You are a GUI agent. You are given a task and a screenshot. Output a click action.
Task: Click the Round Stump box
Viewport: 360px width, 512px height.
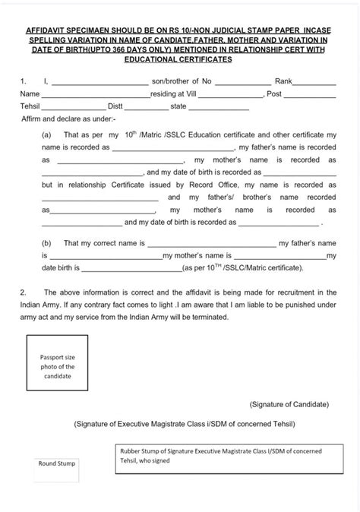tap(57, 463)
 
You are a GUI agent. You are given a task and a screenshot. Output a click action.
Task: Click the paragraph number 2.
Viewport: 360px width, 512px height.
tap(24, 292)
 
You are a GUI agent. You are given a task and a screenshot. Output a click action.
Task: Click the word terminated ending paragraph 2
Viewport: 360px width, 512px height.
tap(205, 318)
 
